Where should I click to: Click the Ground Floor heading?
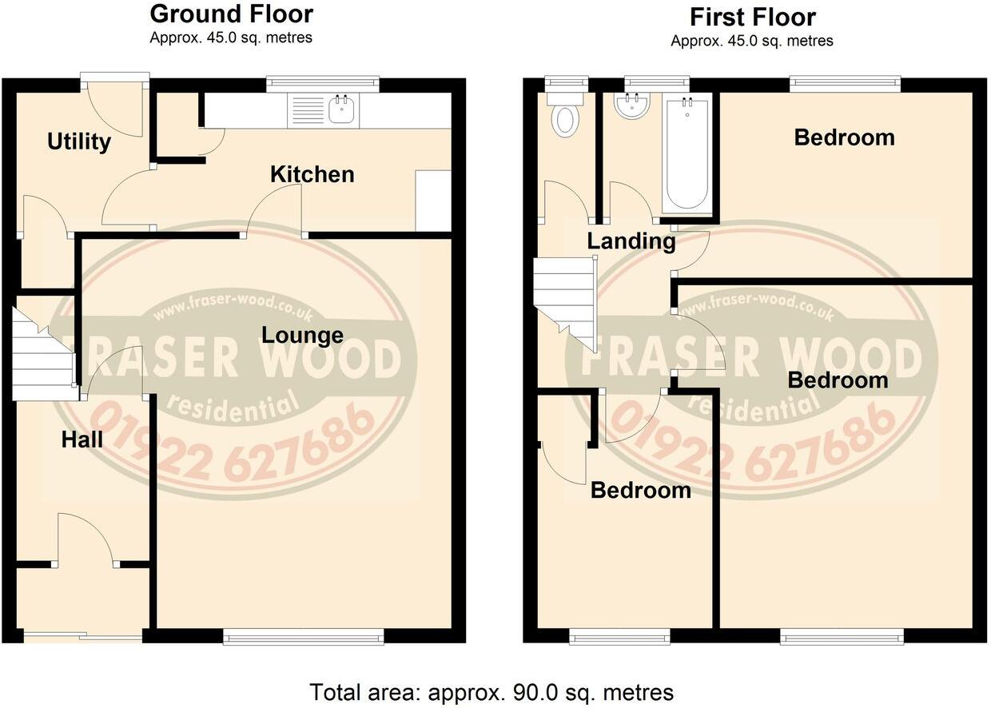(x=232, y=14)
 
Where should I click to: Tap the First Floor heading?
(x=753, y=17)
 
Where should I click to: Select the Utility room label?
(x=78, y=142)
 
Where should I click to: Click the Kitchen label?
(x=312, y=174)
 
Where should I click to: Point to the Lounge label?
(x=302, y=336)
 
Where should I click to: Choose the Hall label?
(x=82, y=440)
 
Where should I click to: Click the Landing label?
(x=631, y=241)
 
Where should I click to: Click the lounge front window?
(x=303, y=636)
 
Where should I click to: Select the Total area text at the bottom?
(x=491, y=691)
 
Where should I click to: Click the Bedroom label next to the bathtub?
(x=844, y=137)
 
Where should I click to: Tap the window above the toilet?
(x=566, y=81)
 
